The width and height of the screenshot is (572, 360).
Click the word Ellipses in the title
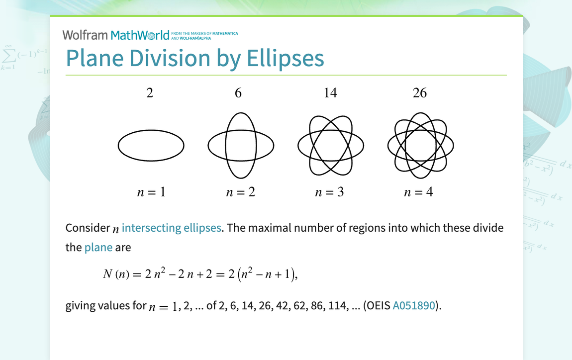(x=286, y=58)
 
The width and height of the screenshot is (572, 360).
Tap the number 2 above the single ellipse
(x=150, y=93)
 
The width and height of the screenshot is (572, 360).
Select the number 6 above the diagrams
(x=238, y=93)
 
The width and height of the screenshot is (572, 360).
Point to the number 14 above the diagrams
(x=330, y=93)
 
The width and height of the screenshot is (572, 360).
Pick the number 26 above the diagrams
(x=420, y=93)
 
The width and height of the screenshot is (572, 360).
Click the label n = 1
(x=151, y=192)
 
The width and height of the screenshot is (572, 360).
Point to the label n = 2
(x=241, y=192)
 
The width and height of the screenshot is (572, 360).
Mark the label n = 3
(x=330, y=192)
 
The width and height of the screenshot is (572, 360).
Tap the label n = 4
(x=419, y=192)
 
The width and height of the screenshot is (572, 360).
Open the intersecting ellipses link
(x=172, y=228)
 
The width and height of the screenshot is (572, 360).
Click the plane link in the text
(x=98, y=248)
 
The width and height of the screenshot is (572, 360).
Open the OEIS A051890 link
(x=414, y=305)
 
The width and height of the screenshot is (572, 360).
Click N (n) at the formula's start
(x=116, y=274)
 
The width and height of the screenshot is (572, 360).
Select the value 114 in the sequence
(x=337, y=305)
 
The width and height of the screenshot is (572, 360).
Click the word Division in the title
(x=170, y=58)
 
